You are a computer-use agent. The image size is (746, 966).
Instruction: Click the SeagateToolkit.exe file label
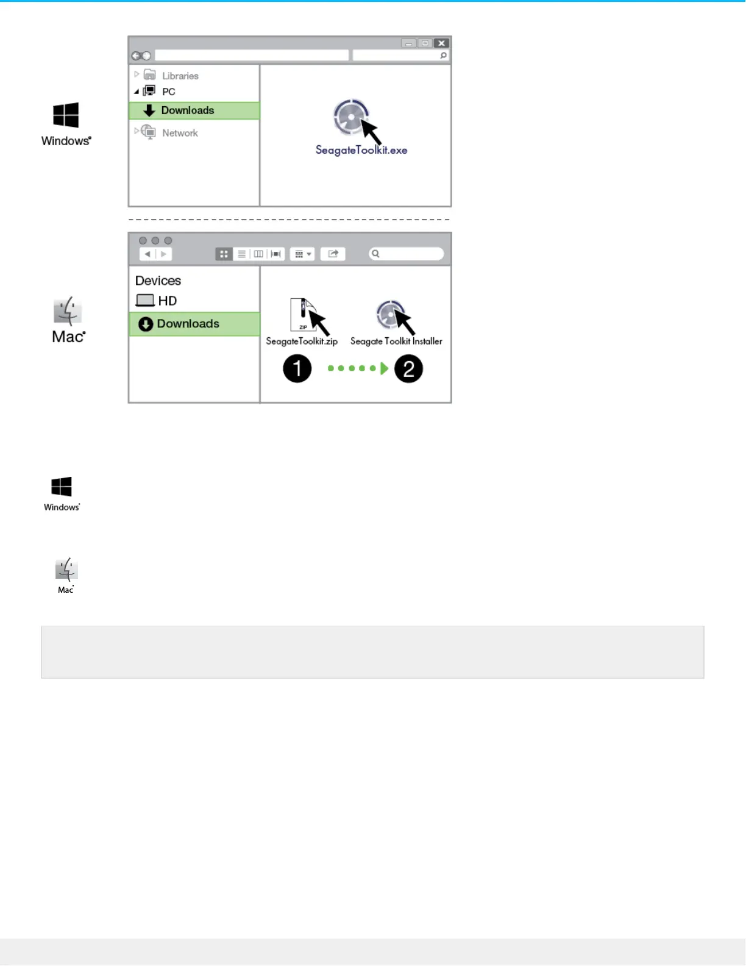pyautogui.click(x=361, y=150)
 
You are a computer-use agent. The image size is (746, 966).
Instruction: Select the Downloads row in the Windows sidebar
pyautogui.click(x=194, y=110)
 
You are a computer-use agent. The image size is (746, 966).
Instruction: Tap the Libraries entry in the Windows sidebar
pyautogui.click(x=180, y=76)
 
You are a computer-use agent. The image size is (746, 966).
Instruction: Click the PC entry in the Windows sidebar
pyautogui.click(x=168, y=91)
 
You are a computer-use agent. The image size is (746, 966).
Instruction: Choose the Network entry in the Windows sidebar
pyautogui.click(x=180, y=133)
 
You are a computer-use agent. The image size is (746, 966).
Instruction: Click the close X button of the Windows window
pyautogui.click(x=441, y=43)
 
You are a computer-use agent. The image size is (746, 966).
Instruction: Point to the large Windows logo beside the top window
pyautogui.click(x=66, y=115)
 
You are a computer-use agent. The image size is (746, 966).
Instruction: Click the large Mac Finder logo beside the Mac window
pyautogui.click(x=68, y=311)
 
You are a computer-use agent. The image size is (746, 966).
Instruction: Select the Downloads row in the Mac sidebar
pyautogui.click(x=194, y=324)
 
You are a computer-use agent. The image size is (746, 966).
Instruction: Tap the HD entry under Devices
pyautogui.click(x=166, y=301)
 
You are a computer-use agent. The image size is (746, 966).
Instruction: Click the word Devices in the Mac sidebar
pyautogui.click(x=158, y=281)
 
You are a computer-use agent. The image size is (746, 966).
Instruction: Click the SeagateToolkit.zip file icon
pyautogui.click(x=303, y=315)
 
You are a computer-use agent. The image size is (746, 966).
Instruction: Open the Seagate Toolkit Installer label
pyautogui.click(x=396, y=342)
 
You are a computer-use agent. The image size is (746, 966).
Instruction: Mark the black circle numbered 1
pyautogui.click(x=297, y=369)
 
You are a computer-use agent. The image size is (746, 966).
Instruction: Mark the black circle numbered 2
pyautogui.click(x=408, y=369)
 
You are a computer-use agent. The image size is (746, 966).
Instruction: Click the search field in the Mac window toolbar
pyautogui.click(x=407, y=254)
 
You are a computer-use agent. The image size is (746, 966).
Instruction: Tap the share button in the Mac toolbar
pyautogui.click(x=333, y=254)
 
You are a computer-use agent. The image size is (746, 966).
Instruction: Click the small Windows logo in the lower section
pyautogui.click(x=62, y=487)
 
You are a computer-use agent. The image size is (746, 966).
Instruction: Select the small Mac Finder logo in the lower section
pyautogui.click(x=66, y=569)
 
